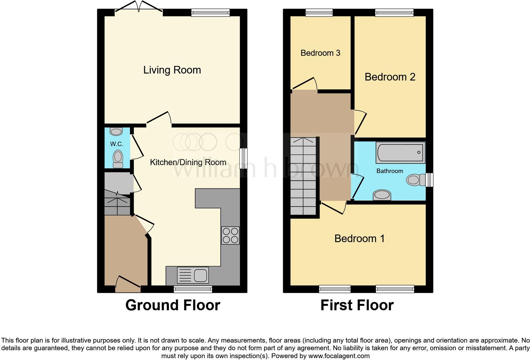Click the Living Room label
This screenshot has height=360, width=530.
tap(172, 70)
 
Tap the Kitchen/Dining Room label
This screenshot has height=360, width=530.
tap(188, 162)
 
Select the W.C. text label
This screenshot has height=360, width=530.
tap(117, 144)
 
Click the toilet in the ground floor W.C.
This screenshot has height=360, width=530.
tap(118, 158)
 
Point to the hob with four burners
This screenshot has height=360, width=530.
tap(230, 235)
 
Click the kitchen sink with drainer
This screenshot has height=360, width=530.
tap(193, 275)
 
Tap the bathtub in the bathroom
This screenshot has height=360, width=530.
tap(400, 152)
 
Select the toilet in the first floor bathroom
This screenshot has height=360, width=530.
tap(416, 180)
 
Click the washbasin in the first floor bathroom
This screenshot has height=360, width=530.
tap(382, 195)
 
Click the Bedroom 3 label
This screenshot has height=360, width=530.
tap(320, 53)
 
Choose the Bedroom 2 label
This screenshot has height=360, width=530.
tap(390, 77)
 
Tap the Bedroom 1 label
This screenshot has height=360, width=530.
tap(359, 238)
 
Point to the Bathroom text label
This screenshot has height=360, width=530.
tap(390, 171)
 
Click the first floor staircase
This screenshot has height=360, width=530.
tap(303, 176)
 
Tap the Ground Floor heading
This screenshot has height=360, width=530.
tap(173, 305)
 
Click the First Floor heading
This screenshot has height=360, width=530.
tap(357, 305)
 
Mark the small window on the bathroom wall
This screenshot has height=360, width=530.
tap(430, 180)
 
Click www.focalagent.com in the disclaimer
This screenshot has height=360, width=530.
tap(339, 356)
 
